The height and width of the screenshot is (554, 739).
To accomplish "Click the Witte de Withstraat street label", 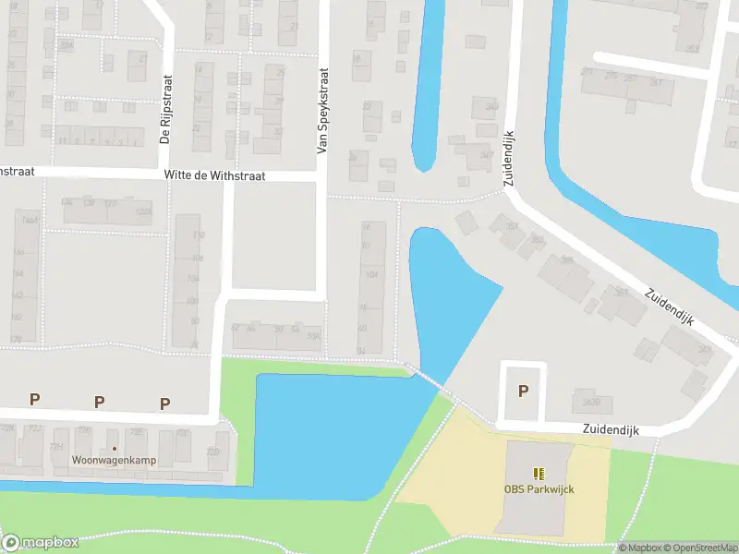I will click(213, 175).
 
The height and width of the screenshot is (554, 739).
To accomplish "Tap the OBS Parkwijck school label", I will click(539, 488).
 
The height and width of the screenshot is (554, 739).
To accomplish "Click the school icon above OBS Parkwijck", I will click(539, 474).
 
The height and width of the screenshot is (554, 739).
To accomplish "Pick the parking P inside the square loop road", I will click(523, 391).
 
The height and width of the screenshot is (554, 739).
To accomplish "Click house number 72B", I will click(213, 452).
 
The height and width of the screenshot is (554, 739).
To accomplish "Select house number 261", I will click(657, 82).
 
